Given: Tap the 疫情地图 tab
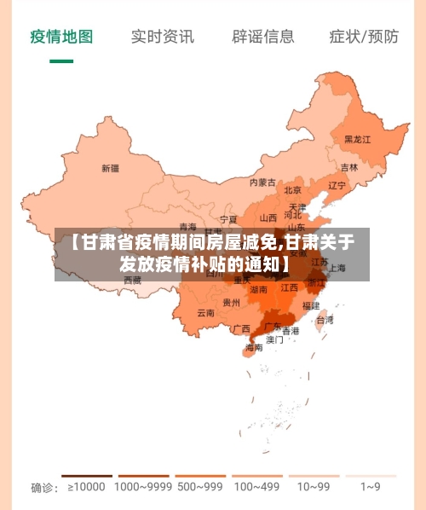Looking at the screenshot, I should [61, 37].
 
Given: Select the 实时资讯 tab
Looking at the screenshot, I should [162, 37].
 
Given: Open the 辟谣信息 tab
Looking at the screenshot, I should [263, 37].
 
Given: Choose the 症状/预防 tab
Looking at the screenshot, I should [364, 37].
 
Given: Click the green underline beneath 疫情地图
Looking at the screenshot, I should [61, 61].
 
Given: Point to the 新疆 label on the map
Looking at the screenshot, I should [110, 168].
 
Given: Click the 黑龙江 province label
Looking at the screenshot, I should [357, 139].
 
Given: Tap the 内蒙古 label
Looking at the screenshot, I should [262, 183].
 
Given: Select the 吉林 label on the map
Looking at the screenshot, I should [349, 168].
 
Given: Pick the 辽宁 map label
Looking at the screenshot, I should [337, 185].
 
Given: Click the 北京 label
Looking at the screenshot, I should [292, 190].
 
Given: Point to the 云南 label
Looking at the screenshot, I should [205, 313].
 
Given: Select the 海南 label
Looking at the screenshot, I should [254, 348].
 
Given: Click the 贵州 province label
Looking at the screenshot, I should [231, 302].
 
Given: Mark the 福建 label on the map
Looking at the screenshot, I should [311, 305].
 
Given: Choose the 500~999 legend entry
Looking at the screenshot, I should [199, 487].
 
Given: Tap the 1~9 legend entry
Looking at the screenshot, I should [370, 487].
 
